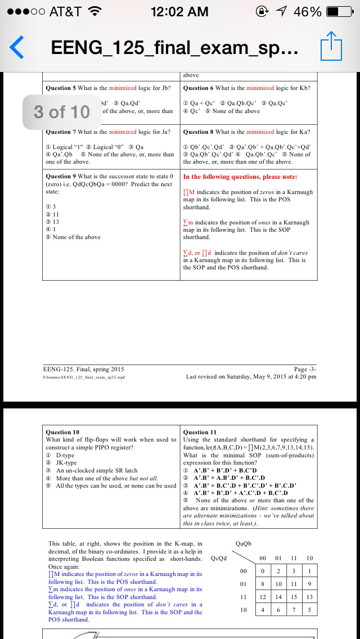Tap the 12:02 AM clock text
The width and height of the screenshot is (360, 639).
(x=180, y=12)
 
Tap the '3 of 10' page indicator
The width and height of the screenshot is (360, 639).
(x=62, y=112)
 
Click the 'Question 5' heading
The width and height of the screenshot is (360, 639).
(x=60, y=88)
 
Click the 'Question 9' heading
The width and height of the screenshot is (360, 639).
(x=60, y=177)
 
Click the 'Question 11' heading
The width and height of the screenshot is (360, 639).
(x=200, y=432)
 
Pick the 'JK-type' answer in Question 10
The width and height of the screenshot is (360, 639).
(x=66, y=462)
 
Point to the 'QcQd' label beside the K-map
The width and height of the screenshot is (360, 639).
(x=218, y=558)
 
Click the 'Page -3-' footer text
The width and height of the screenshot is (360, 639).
(x=305, y=369)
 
